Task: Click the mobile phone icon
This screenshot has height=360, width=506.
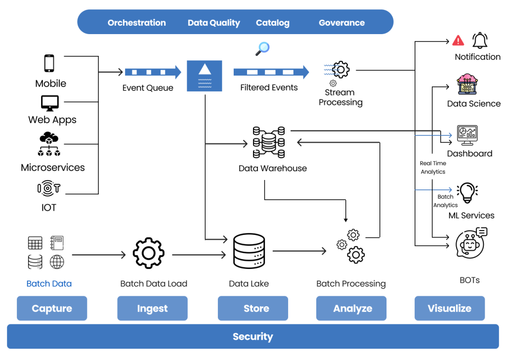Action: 49,64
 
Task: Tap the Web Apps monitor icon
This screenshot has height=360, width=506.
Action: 49,103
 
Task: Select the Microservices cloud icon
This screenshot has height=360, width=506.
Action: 49,144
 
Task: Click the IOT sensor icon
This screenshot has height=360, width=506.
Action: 49,188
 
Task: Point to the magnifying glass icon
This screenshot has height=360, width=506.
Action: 262,48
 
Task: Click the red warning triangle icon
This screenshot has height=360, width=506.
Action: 458,41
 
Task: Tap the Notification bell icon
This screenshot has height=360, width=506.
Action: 479,40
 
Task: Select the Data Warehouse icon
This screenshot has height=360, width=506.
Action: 269,142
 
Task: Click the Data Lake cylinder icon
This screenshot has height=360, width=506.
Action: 249,252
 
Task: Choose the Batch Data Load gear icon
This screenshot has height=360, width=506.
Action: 148,253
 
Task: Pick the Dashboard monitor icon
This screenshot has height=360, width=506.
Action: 467,135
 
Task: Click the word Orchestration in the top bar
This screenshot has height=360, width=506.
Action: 136,23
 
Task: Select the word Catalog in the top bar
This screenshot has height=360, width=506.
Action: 272,23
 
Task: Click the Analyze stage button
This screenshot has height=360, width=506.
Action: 352,309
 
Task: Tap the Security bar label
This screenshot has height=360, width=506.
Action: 253,337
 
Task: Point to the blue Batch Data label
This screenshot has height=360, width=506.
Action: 49,284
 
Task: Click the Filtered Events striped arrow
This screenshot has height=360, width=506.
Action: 271,72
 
